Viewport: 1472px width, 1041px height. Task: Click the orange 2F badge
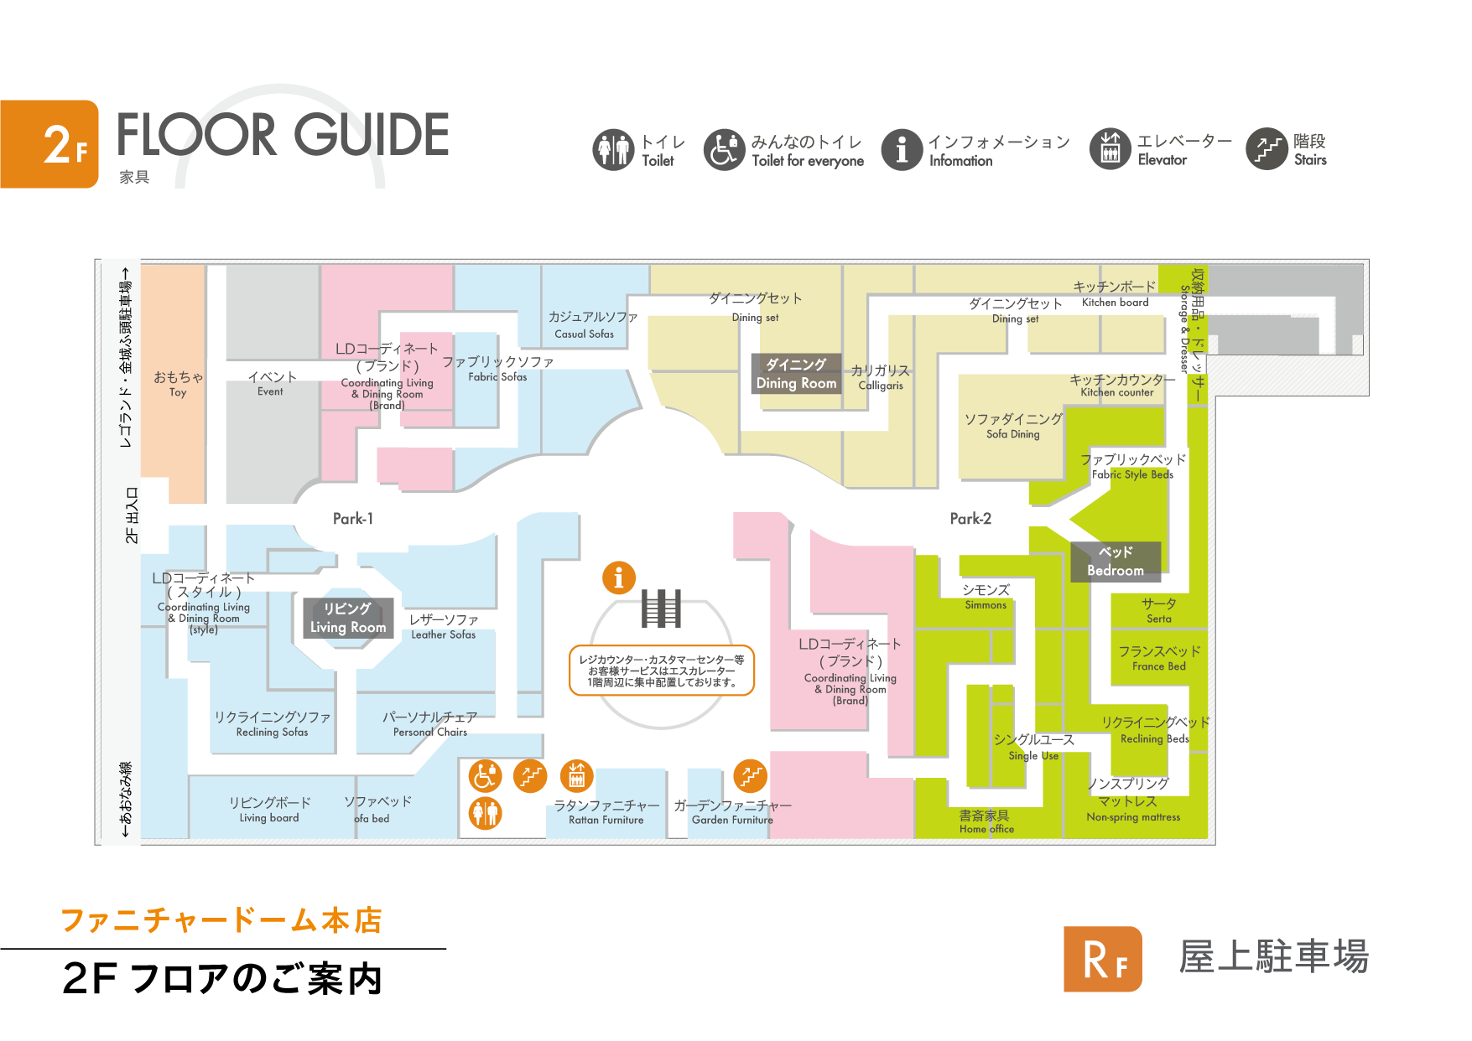coord(49,144)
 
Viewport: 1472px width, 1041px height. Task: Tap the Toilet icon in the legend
coord(613,150)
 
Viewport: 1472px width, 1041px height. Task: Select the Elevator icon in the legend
coord(1111,149)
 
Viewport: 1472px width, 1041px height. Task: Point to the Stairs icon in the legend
coord(1267,149)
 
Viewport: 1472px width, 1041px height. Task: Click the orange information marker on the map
coord(619,577)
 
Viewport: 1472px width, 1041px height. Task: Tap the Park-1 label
coord(353,519)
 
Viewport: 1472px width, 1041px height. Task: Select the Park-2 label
coord(970,519)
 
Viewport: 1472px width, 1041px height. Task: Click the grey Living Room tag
coord(348,618)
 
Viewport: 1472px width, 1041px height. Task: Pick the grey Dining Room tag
coord(796,374)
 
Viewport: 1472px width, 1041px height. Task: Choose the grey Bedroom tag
coord(1116,562)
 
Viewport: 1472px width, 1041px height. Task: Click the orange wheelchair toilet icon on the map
coord(485,776)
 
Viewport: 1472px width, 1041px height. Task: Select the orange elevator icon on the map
coord(576,776)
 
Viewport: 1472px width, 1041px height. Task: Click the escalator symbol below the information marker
coord(661,609)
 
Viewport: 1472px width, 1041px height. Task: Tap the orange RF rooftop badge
coord(1103,959)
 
